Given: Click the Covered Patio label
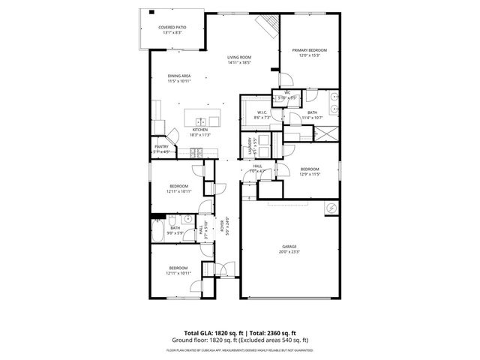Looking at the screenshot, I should pyautogui.click(x=172, y=28).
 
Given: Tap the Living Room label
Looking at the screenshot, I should pyautogui.click(x=239, y=58).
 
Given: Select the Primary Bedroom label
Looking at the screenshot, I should pyautogui.click(x=310, y=50).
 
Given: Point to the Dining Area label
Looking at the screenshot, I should pyautogui.click(x=178, y=76).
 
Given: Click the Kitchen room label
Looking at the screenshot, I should pyautogui.click(x=200, y=129).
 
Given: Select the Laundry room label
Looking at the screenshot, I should pyautogui.click(x=249, y=145).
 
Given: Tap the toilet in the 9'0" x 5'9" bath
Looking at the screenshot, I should pyautogui.click(x=172, y=220).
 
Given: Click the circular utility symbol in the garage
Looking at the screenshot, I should pyautogui.click(x=331, y=208).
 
